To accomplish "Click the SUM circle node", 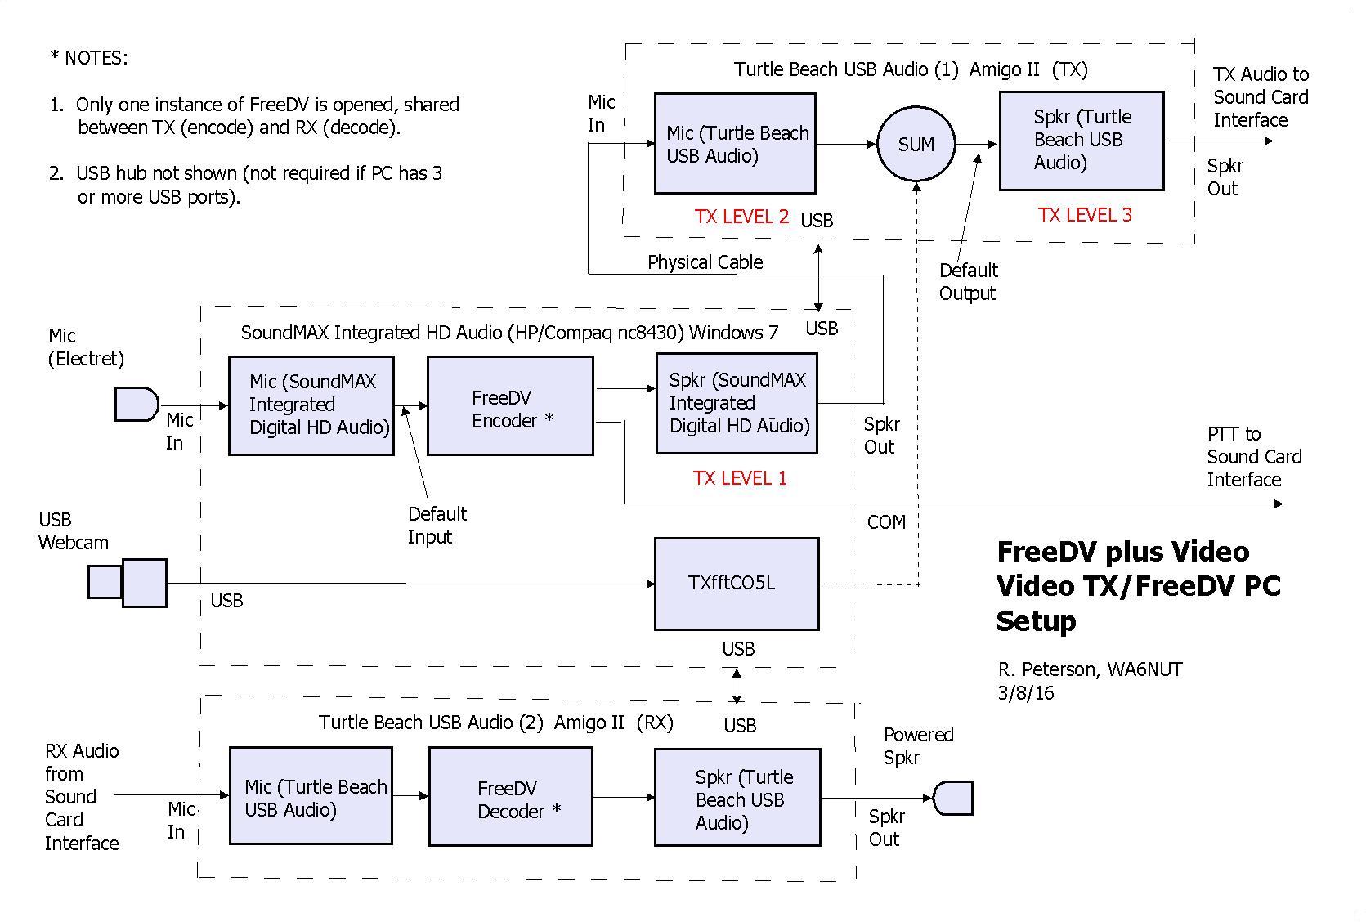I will coord(916,145).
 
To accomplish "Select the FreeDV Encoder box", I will coord(510,406).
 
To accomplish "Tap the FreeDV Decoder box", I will coord(510,797).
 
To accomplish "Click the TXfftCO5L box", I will coord(737,584).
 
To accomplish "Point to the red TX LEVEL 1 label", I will coord(740,479).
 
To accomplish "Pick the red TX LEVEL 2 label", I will coord(741,217).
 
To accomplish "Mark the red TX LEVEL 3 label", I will coord(1085,215).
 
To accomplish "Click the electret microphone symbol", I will coord(136,404).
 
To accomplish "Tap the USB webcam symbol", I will coord(128,583).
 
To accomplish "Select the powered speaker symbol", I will coord(952,798).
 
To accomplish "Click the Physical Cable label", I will coord(705,262).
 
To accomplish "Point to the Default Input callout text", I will coord(437,526).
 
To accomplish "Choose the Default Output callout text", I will coord(968,282).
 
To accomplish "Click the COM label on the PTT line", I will coord(886,522).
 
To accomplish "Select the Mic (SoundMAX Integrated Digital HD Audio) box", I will coord(311,405).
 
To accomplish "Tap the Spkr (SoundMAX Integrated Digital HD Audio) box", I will coord(737,404).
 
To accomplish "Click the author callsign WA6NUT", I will coord(1144,670).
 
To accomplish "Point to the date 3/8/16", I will coord(1026,694).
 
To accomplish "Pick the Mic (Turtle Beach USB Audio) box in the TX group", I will coord(735,144).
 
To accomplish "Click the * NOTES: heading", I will coord(88,58).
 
